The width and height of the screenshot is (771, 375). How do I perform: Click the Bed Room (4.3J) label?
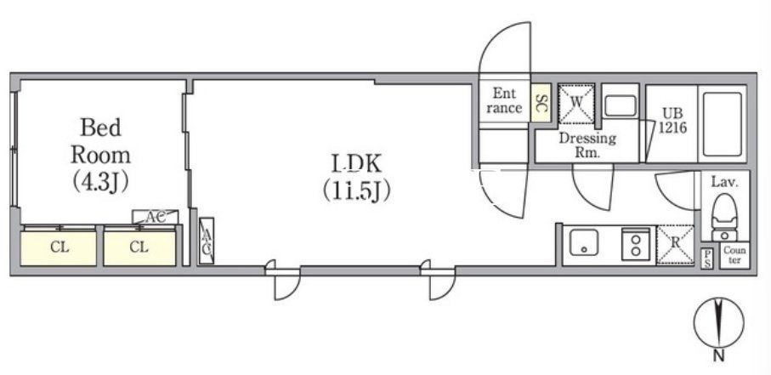(x=101, y=155)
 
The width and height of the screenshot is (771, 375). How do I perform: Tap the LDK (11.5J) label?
(x=357, y=178)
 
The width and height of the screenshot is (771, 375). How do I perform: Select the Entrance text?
(x=504, y=99)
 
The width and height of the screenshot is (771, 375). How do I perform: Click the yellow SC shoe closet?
(x=540, y=103)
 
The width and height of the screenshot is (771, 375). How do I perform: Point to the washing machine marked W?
(x=576, y=104)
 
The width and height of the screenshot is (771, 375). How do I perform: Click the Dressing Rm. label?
(x=587, y=145)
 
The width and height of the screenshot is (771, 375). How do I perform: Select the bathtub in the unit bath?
(x=722, y=123)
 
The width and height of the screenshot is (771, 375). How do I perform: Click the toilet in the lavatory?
(x=724, y=217)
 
